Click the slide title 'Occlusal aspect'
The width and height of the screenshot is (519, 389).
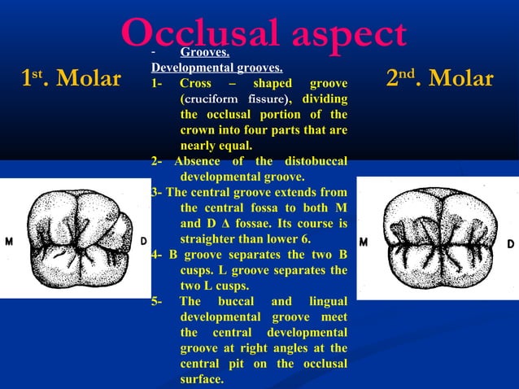(264, 33)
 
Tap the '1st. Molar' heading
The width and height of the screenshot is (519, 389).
(71, 79)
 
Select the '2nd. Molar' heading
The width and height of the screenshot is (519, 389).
(439, 79)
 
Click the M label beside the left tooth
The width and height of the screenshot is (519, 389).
(10, 242)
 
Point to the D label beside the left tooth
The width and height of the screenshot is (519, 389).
(144, 242)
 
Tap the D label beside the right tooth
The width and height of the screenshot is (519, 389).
(510, 243)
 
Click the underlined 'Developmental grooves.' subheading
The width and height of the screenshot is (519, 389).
(216, 68)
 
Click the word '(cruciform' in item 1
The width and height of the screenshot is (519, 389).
(208, 99)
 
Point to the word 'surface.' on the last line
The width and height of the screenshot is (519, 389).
(203, 379)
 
